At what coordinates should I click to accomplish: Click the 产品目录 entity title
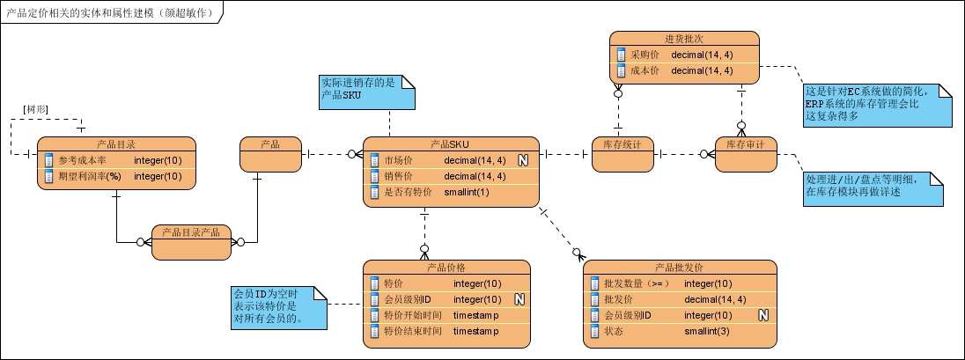(115, 143)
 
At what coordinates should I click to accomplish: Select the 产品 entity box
(270, 154)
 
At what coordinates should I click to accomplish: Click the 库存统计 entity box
(622, 153)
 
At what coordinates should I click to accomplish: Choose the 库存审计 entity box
(745, 153)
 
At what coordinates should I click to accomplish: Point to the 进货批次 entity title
(684, 38)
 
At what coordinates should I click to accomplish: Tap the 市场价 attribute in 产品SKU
(399, 160)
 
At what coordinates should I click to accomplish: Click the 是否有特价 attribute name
(408, 192)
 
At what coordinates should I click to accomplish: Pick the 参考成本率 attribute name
(82, 160)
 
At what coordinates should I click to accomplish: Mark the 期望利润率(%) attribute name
(89, 176)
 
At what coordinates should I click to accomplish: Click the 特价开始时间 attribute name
(413, 315)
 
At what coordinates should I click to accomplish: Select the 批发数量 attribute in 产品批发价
(637, 283)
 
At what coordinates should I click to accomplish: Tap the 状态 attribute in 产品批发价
(614, 331)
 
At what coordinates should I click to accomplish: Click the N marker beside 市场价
(522, 160)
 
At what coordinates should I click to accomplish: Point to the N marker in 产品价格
(519, 299)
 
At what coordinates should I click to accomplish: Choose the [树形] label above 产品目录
(35, 108)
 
